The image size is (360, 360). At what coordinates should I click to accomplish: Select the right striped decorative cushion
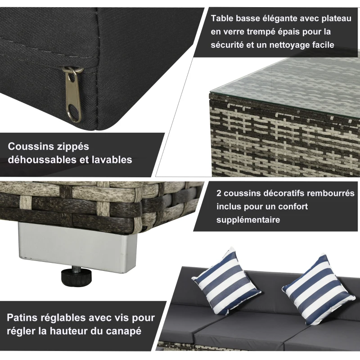click(x=317, y=288)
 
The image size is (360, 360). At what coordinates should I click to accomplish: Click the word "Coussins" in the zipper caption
click(x=30, y=147)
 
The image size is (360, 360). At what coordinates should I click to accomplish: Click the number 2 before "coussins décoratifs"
click(x=219, y=193)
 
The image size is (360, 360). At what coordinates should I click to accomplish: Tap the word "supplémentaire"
click(x=248, y=220)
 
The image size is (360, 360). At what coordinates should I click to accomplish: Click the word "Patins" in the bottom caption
click(x=22, y=318)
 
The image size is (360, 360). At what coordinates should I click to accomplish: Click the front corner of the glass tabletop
click(x=211, y=95)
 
